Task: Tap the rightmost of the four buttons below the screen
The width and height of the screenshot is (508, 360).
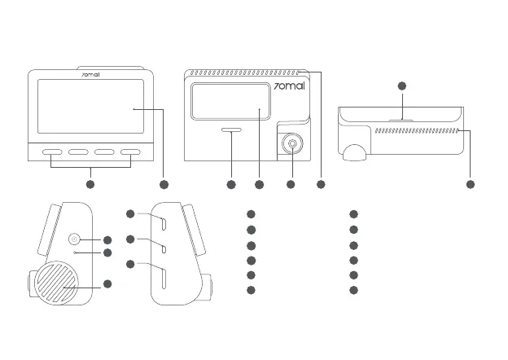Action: (130, 152)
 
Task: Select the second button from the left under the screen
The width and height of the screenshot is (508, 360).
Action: (79, 152)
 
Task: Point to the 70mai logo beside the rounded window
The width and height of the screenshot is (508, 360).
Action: (289, 86)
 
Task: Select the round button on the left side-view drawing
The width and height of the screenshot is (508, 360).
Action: (75, 239)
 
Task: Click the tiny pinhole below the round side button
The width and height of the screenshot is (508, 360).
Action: (75, 253)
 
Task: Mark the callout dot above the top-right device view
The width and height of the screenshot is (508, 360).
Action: (401, 86)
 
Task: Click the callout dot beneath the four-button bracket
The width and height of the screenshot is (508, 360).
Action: (90, 185)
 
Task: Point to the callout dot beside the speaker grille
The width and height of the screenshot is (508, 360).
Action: (107, 283)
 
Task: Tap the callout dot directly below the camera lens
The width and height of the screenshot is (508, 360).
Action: (291, 185)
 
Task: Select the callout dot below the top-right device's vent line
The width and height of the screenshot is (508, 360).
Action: (471, 185)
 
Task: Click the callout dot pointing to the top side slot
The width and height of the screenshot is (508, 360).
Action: (130, 213)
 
